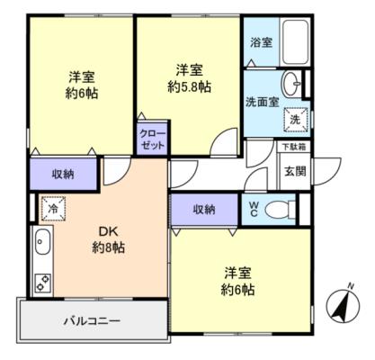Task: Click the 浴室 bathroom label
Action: click(x=262, y=42)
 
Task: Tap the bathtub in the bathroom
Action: click(x=295, y=42)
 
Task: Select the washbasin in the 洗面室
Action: click(x=291, y=84)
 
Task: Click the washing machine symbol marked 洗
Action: click(x=296, y=120)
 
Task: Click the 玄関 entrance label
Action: click(x=295, y=171)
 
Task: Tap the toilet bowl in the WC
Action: click(x=281, y=210)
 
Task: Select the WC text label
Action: click(x=254, y=210)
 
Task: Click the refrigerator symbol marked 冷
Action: click(x=53, y=209)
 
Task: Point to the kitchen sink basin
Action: click(x=43, y=242)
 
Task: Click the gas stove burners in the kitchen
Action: click(x=43, y=283)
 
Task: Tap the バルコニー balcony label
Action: click(x=92, y=321)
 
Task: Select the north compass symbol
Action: click(x=343, y=305)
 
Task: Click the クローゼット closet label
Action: click(x=153, y=139)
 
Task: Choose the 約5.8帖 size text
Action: click(x=189, y=87)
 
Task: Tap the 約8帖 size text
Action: click(x=108, y=248)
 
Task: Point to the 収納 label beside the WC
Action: click(x=204, y=210)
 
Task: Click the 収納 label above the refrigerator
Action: click(x=63, y=174)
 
